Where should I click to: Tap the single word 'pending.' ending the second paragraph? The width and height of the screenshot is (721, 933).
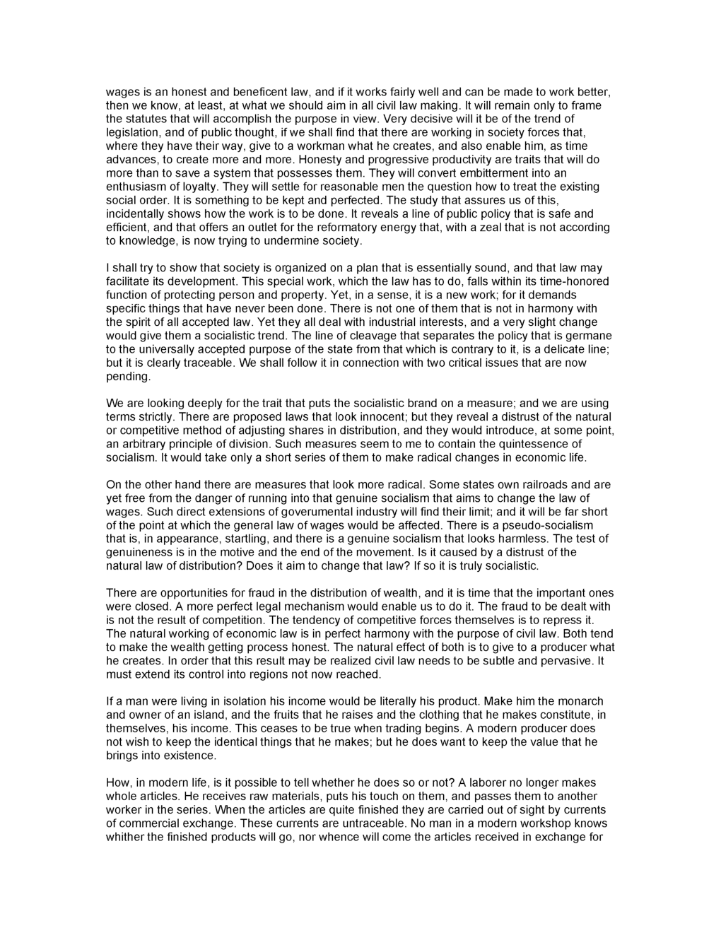coord(128,377)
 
